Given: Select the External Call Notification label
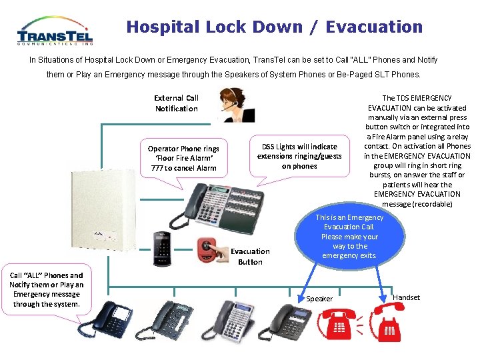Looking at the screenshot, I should [176, 103].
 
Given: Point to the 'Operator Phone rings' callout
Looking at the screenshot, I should [183, 158].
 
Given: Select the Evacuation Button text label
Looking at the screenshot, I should [250, 257].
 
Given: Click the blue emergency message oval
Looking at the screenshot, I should [349, 237].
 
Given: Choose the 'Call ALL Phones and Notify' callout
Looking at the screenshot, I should [46, 290].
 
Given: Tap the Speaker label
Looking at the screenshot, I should [319, 299].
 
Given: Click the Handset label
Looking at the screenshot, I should [407, 297].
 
